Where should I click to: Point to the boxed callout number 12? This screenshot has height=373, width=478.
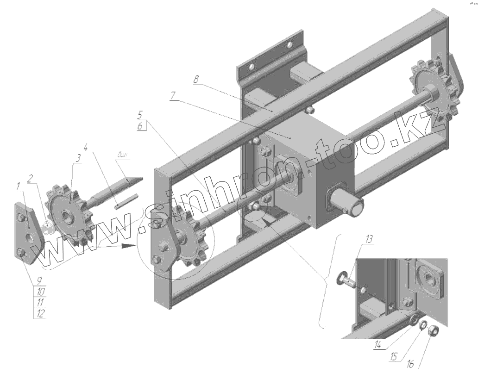40,313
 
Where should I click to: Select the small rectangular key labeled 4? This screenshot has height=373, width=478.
125,199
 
